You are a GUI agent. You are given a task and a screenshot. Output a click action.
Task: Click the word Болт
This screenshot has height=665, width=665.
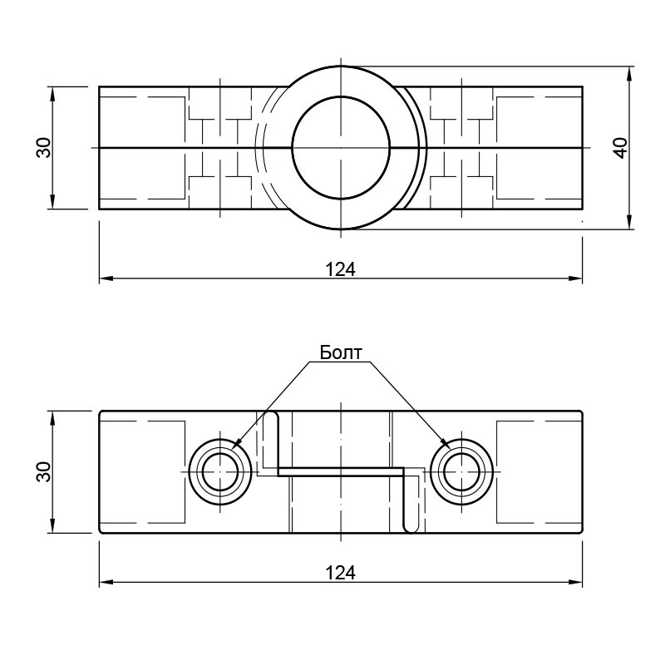(341, 352)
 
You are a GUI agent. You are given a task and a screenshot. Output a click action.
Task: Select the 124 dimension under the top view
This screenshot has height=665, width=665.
(341, 269)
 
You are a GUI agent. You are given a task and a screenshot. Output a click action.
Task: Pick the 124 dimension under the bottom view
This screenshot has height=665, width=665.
(341, 573)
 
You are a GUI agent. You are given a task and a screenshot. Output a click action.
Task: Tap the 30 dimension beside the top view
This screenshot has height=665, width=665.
(44, 148)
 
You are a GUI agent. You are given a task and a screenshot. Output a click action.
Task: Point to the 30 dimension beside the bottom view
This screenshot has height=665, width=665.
(44, 471)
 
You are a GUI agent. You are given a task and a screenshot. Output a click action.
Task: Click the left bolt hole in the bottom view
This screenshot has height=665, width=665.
(220, 471)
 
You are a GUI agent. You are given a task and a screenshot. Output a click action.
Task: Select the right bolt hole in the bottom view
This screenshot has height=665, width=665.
(462, 471)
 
